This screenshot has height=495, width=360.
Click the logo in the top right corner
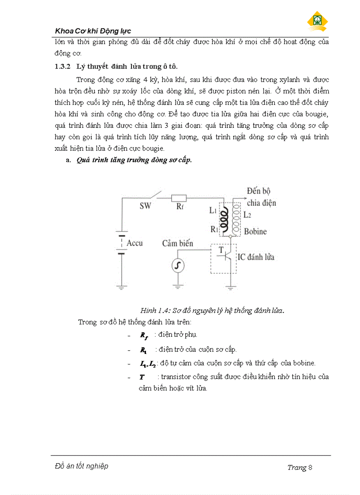317,21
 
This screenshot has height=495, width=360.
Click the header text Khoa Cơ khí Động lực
93,31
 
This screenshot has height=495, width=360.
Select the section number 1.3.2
60,67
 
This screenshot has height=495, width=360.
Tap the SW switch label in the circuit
145,206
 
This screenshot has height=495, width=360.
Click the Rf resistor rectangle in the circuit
179,198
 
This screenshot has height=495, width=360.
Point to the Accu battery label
135,243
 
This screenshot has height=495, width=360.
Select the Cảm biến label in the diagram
177,243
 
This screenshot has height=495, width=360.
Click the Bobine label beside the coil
255,231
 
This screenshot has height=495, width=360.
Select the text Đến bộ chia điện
261,197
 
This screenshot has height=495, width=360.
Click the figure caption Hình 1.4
212,310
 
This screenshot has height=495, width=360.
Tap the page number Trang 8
300,468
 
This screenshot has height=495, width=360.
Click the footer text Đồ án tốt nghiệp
82,466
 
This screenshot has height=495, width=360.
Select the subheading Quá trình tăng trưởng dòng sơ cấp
134,160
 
